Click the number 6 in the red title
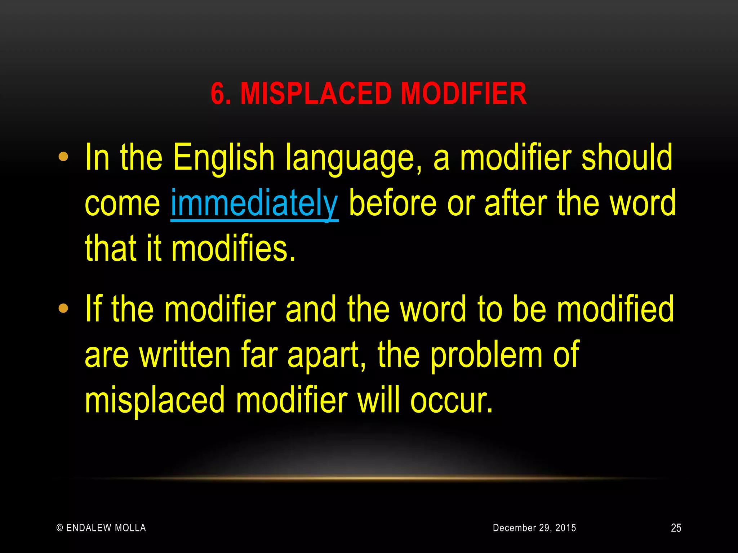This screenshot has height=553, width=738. click(x=217, y=94)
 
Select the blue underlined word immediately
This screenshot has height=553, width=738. click(x=254, y=204)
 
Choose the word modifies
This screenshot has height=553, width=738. click(x=234, y=248)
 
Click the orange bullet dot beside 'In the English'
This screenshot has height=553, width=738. click(x=63, y=157)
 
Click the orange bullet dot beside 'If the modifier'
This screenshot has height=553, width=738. click(x=63, y=309)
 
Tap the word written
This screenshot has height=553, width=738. click(x=185, y=355)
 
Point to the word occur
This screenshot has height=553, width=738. click(x=451, y=401)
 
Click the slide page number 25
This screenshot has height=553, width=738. click(x=676, y=528)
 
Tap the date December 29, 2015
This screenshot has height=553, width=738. click(x=534, y=528)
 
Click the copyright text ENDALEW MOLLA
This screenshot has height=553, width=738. click(x=101, y=528)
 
